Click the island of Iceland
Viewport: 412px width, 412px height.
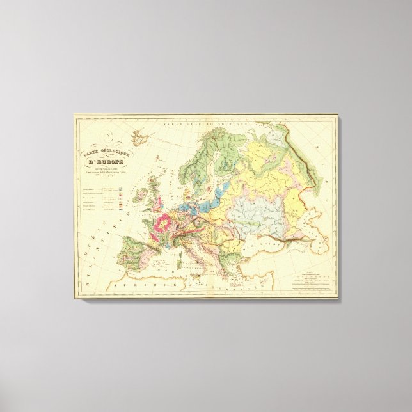[x=141, y=136]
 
